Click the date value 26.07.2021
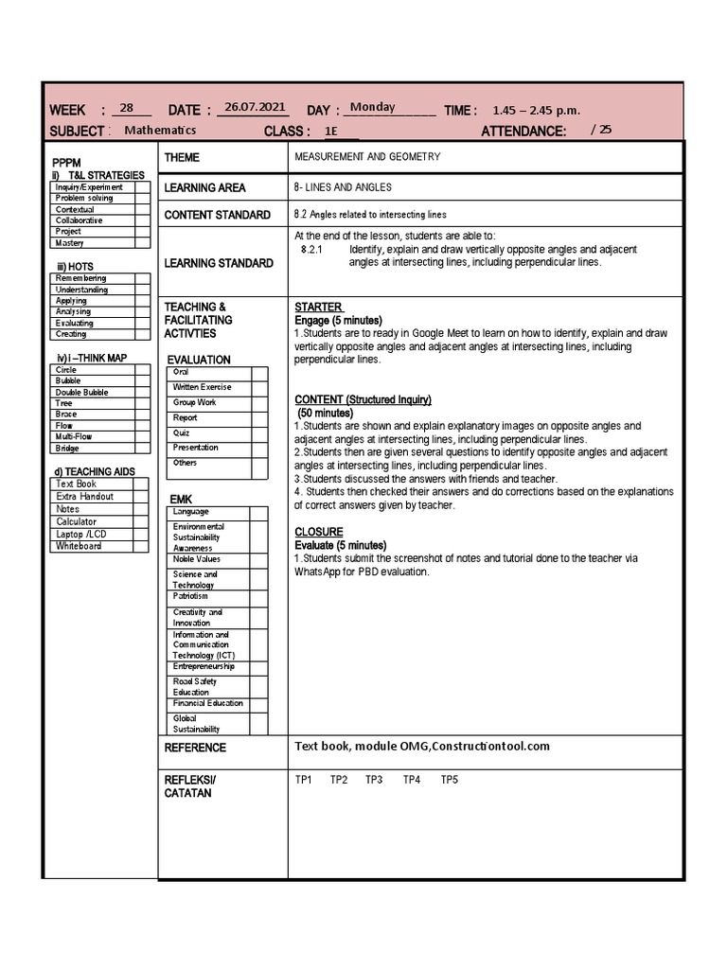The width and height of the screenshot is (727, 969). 251,109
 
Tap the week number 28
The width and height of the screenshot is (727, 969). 129,109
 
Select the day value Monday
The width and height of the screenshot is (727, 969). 372,108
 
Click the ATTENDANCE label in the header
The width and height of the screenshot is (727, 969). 523,132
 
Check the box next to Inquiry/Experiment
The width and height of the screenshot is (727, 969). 142,187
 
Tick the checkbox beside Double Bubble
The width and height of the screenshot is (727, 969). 142,392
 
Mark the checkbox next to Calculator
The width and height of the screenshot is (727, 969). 140,521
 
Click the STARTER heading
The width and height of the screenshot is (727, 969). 318,308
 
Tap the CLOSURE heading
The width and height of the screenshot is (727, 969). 318,532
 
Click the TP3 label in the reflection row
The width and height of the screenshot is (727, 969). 374,780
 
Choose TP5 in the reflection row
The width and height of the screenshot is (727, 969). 449,780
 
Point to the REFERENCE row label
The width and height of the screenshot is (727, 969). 195,748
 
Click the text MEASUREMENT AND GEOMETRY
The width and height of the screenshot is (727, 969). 367,157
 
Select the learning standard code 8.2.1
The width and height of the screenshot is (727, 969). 312,249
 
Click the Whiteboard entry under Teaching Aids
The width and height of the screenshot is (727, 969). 80,546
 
